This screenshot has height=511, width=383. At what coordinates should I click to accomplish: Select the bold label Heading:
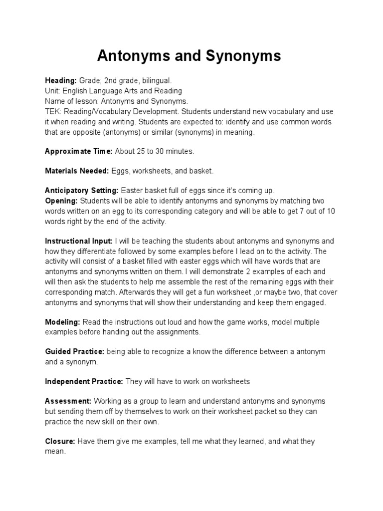[61, 80]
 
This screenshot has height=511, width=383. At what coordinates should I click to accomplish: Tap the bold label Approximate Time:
[79, 151]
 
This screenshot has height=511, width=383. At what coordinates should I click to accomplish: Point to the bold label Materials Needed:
[77, 171]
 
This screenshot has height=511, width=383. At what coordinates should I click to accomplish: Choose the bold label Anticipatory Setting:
[82, 191]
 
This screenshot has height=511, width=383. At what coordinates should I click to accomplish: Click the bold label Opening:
[61, 201]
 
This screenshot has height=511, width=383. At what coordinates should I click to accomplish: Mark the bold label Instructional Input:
[79, 241]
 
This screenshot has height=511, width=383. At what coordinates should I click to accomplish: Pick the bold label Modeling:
[62, 321]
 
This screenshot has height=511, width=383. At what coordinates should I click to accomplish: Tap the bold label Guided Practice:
[74, 351]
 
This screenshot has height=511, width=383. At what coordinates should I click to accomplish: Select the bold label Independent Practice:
[84, 381]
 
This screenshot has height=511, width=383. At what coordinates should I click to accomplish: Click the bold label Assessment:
[68, 401]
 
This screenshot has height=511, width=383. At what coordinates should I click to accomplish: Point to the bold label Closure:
[60, 441]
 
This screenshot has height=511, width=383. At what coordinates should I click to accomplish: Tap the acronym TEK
[52, 111]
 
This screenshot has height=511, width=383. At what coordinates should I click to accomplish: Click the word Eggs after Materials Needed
[120, 171]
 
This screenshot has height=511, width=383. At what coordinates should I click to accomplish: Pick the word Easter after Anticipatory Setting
[132, 191]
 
